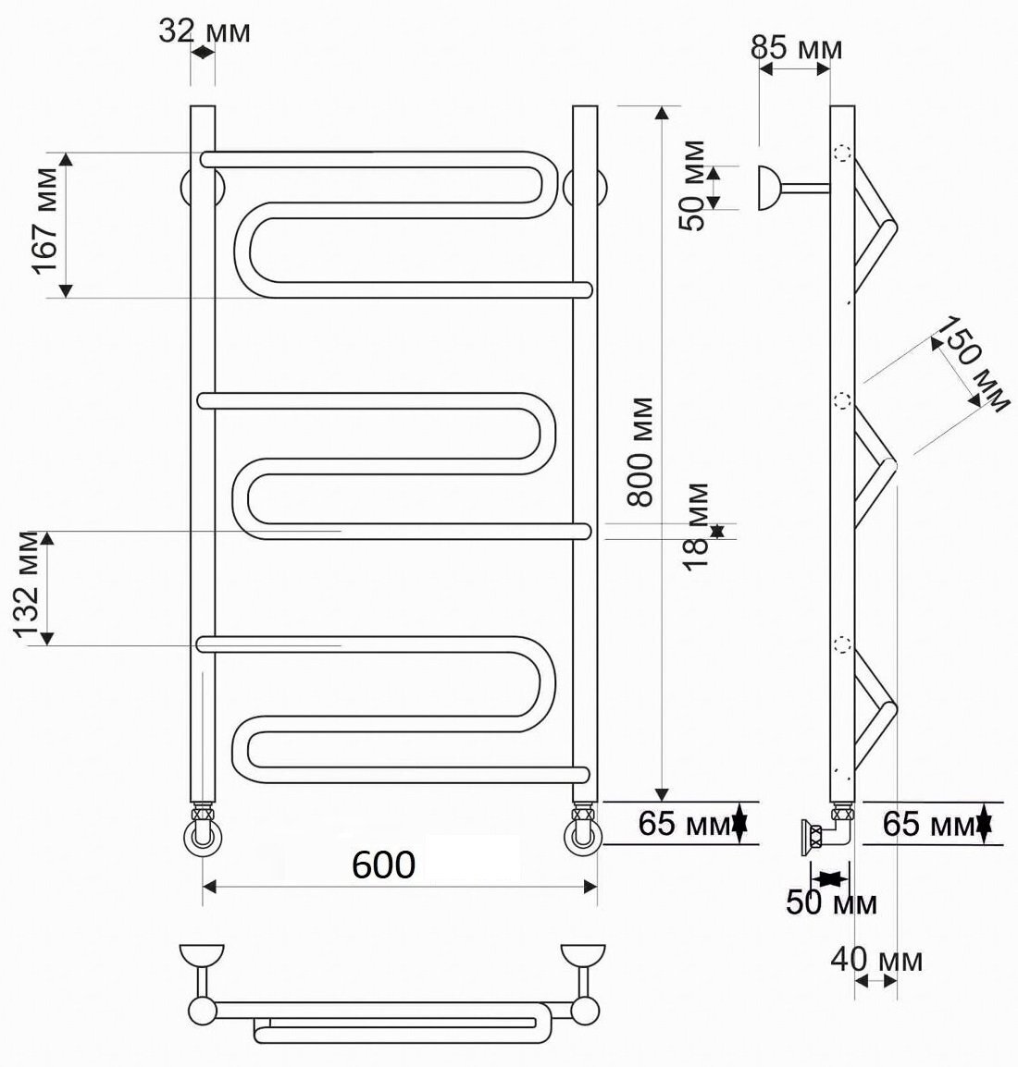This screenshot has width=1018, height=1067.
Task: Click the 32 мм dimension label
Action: point(205,31)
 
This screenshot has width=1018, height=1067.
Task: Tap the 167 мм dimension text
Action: point(47,220)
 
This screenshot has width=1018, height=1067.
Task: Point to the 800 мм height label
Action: point(640,452)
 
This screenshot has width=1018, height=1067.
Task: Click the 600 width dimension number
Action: point(383,865)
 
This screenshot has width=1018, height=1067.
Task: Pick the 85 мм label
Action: point(796,48)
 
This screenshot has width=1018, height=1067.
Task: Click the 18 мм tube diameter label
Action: point(696,526)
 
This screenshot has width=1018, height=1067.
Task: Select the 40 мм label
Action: point(876,960)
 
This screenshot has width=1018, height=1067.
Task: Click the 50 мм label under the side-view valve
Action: point(831,902)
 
